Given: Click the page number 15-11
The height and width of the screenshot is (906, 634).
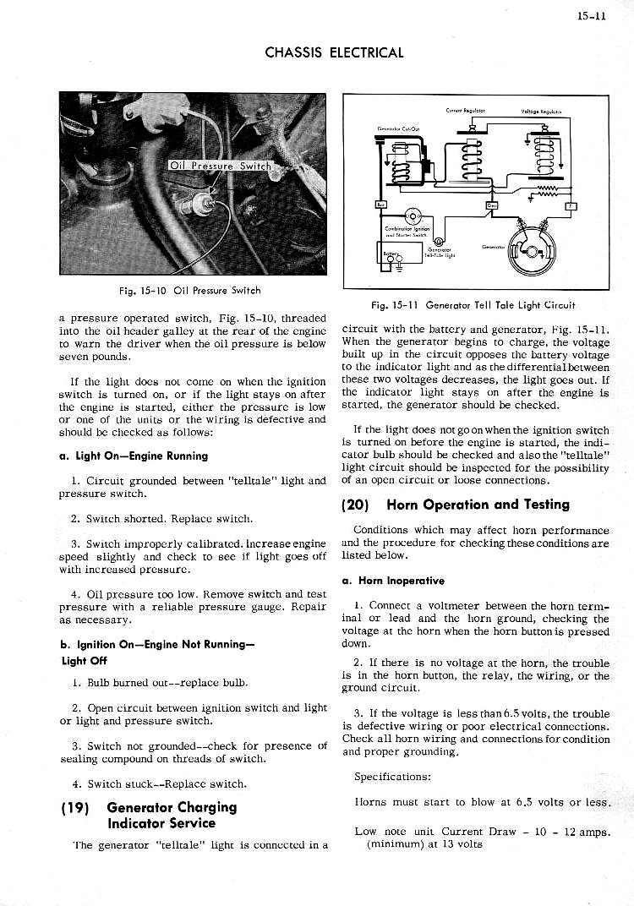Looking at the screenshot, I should [x=594, y=15].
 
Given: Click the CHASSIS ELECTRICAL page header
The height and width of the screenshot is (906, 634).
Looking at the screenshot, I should [x=334, y=52].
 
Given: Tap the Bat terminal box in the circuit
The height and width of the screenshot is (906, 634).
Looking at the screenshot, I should [x=381, y=204].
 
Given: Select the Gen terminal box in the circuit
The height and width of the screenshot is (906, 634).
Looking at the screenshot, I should [x=492, y=205].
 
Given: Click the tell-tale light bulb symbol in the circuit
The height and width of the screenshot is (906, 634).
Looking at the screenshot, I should [x=439, y=241].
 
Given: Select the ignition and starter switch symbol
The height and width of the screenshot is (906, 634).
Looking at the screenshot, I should [x=413, y=216].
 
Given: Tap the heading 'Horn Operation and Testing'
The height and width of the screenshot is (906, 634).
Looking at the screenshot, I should [x=478, y=505].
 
